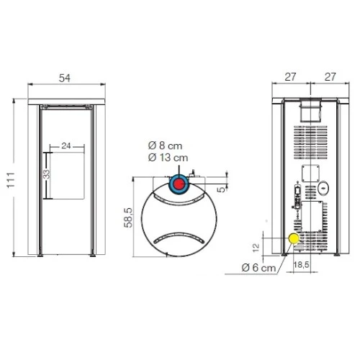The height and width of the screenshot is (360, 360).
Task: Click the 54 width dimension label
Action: pyautogui.click(x=65, y=78)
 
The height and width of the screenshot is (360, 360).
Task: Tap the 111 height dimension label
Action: pyautogui.click(x=11, y=180)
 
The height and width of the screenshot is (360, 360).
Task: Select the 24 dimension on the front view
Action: pyautogui.click(x=66, y=145)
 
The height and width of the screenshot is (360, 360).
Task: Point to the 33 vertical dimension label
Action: pyautogui.click(x=47, y=174)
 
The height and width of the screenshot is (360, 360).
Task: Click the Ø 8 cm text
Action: pyautogui.click(x=166, y=145)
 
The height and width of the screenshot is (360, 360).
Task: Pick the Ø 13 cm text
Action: pyautogui.click(x=168, y=158)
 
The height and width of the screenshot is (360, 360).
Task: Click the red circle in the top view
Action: pyautogui.click(x=179, y=184)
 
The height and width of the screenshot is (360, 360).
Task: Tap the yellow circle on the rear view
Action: pyautogui.click(x=294, y=238)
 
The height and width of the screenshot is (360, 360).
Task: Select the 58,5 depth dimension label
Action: pyautogui.click(x=128, y=217)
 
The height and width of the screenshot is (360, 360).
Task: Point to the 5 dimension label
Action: pyautogui.click(x=221, y=189)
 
